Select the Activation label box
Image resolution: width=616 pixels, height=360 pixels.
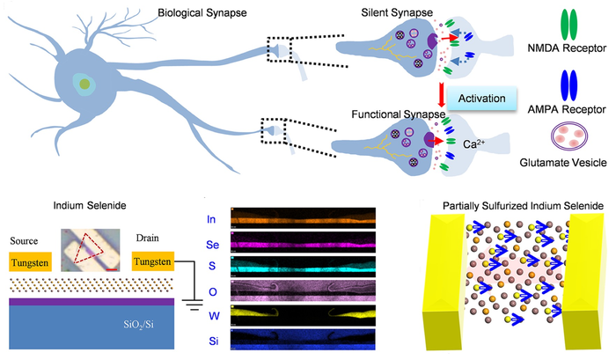pos(481,99)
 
